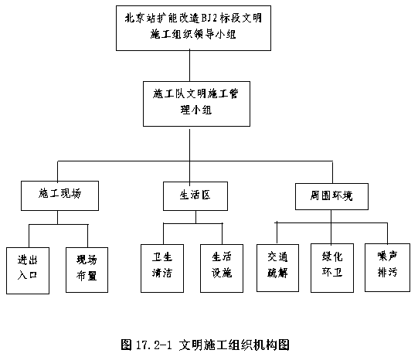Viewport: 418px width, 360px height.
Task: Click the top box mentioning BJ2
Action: pos(193,28)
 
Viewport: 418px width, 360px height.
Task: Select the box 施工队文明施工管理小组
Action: pos(196,104)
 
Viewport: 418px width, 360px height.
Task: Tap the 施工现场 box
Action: pos(59,195)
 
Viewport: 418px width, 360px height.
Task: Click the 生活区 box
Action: pos(195,196)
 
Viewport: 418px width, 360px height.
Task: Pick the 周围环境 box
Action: pos(331,196)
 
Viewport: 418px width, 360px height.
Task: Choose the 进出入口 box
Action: pos(28,270)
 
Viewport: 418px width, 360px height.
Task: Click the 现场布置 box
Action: pos(87,270)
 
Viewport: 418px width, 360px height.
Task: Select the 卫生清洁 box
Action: pos(162,268)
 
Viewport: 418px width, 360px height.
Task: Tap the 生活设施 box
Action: pos(222,268)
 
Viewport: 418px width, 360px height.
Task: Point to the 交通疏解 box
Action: pos(277,268)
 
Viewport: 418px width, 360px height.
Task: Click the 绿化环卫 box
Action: pos(332,268)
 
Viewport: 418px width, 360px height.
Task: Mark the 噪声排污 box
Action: pos(387,267)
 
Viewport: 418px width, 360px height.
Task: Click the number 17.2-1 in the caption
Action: pos(153,345)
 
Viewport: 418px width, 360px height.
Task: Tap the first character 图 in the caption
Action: pos(126,345)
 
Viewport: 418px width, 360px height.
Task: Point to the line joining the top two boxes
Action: pos(190,66)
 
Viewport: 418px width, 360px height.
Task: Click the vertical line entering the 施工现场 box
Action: pos(58,171)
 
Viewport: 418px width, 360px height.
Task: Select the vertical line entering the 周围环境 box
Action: pos(332,172)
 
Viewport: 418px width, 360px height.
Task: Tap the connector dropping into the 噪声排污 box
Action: pos(387,233)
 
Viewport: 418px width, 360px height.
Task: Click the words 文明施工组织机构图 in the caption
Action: pos(234,345)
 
